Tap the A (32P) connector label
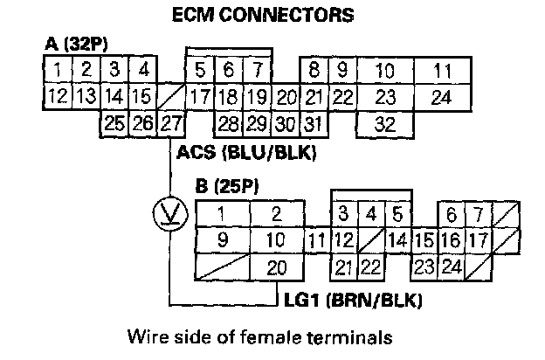point(75,43)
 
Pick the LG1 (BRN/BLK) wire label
point(353,302)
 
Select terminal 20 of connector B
point(276,267)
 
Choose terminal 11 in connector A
point(443,68)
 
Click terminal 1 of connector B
point(222,213)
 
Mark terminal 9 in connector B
point(222,239)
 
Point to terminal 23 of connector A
point(384,95)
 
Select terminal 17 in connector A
point(200,95)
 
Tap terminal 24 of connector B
point(452,267)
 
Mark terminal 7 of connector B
point(477,213)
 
